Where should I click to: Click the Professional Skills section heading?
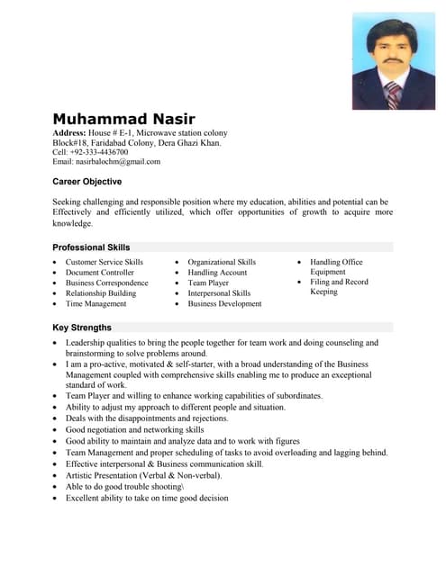[x=91, y=247]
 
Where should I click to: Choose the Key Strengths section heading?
[x=82, y=328]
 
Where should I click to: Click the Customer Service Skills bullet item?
[x=105, y=262]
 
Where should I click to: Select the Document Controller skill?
[x=100, y=273]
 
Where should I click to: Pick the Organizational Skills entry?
[x=222, y=262]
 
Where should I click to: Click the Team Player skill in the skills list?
[x=208, y=283]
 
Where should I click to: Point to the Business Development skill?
[x=224, y=304]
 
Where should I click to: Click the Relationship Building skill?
[x=101, y=293]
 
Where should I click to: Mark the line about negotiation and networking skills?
[x=135, y=430]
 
